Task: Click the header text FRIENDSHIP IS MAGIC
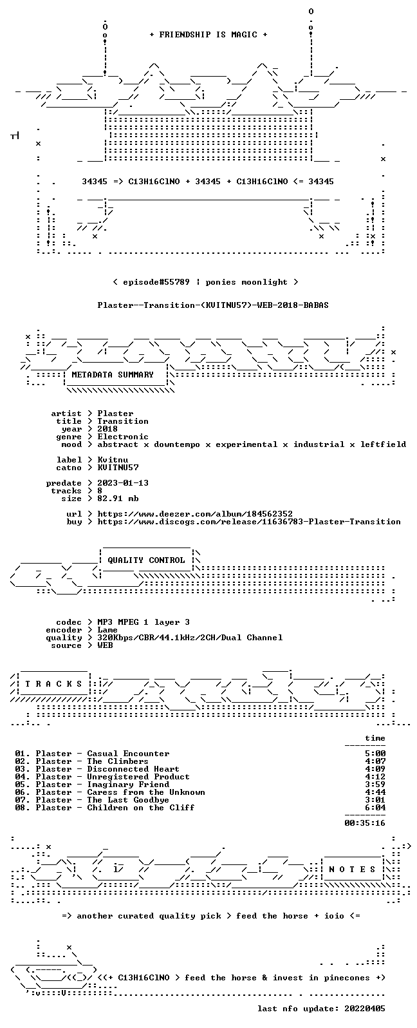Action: pos(208,35)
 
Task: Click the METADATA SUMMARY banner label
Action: pos(113,375)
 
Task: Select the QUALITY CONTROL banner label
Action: pos(146,560)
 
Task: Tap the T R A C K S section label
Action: pos(53,684)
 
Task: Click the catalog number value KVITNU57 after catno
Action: pos(118,468)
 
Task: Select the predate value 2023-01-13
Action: pos(123,483)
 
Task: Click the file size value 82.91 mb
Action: pos(118,499)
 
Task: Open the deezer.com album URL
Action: pos(195,514)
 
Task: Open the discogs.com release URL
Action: pos(249,522)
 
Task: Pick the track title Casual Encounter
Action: pos(128,754)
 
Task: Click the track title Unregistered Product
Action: pos(138,777)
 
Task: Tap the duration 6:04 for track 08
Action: pos(375,808)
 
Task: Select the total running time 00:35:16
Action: pos(365,823)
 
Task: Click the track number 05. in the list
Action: pos(23,785)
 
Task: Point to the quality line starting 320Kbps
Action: pos(190,638)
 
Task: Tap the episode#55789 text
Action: pos(156,282)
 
